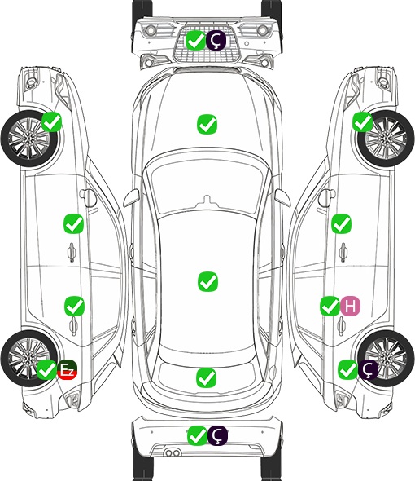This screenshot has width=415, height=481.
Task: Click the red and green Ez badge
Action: (67, 369)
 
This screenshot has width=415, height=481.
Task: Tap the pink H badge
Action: (351, 306)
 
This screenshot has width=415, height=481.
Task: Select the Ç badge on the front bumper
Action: (216, 41)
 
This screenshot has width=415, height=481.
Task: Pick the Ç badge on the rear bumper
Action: (217, 435)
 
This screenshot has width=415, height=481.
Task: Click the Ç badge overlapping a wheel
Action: (369, 369)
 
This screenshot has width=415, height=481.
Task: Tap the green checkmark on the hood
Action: (207, 124)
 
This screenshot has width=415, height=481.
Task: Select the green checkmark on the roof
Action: (207, 281)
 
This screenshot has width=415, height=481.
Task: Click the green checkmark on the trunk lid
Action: (206, 377)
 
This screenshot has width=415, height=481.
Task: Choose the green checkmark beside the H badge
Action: (330, 306)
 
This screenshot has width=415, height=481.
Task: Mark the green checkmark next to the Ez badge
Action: (47, 369)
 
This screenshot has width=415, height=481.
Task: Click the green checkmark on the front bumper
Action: (196, 41)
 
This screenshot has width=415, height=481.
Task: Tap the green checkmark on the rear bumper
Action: (197, 435)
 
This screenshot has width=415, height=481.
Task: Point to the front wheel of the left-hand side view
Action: (30, 139)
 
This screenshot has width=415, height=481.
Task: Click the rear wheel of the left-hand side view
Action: (29, 358)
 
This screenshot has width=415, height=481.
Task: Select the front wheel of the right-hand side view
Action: (386, 139)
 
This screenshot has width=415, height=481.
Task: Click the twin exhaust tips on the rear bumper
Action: (173, 453)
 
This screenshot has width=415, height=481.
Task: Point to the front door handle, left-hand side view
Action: (72, 252)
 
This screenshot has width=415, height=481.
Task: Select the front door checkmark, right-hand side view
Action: (341, 223)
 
